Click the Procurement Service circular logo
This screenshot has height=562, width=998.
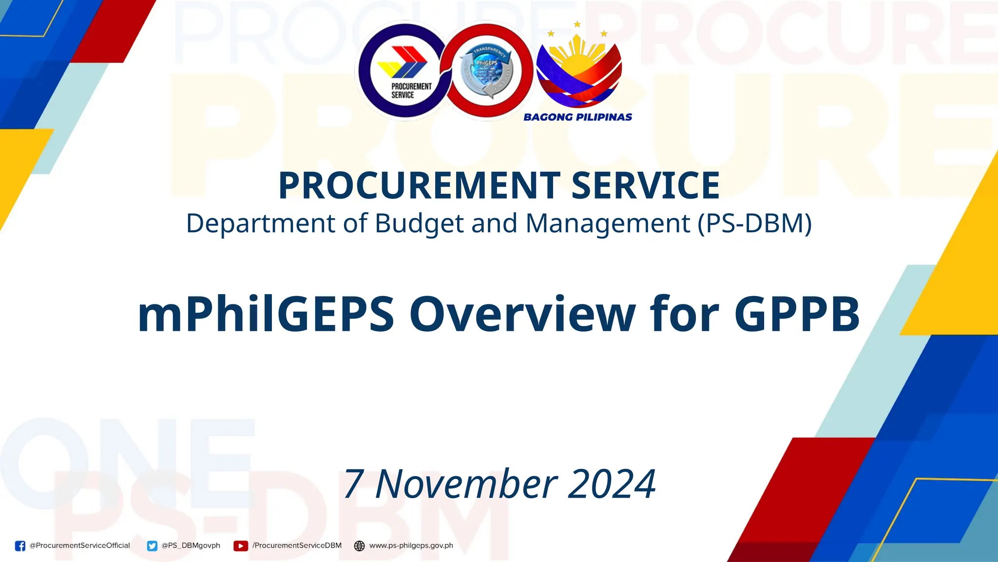tap(403, 71)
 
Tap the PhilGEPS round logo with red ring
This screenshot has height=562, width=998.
tap(487, 71)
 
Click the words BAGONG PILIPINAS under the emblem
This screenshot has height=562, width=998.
tap(577, 117)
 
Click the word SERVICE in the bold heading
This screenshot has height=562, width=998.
tap(645, 186)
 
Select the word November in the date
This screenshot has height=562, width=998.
tap(466, 483)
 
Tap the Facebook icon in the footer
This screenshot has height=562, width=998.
tap(20, 546)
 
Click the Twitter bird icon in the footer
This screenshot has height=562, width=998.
tap(152, 546)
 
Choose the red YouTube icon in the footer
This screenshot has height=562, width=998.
tap(241, 546)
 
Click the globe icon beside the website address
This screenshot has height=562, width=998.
tap(359, 546)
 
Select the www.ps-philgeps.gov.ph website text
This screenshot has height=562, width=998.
tap(411, 545)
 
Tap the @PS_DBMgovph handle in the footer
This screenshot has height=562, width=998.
tap(191, 545)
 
